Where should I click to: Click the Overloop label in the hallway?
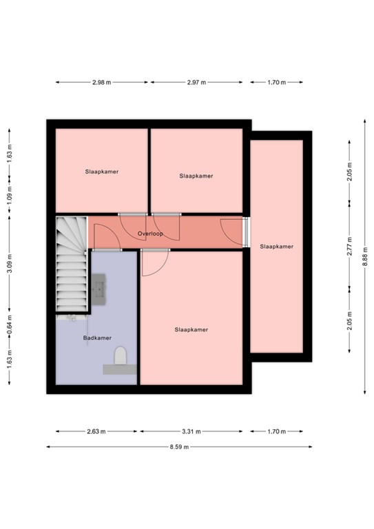point(150,234)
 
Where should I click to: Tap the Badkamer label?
point(97,338)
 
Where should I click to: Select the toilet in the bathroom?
point(120,355)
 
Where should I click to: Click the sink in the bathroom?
point(98,289)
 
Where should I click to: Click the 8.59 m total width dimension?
point(179,446)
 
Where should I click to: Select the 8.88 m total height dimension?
point(364,257)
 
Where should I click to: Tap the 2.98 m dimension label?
point(101,82)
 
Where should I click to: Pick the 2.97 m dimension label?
point(196,82)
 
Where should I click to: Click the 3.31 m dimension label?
point(191,431)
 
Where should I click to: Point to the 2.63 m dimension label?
point(96,431)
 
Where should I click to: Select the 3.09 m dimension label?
point(10,263)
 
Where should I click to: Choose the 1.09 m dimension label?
point(10,195)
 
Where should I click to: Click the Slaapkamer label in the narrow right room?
point(276,247)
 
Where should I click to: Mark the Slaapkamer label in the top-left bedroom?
point(101,172)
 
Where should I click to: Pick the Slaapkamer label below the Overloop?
point(191,330)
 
